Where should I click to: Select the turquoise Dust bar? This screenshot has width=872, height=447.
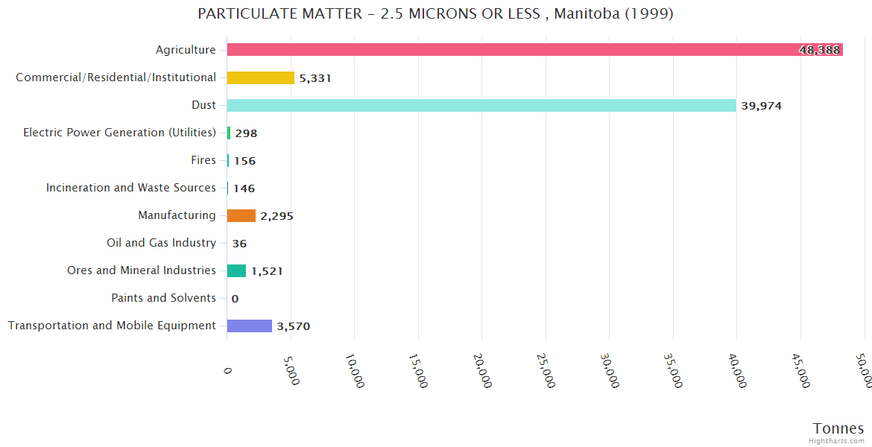coord(481,105)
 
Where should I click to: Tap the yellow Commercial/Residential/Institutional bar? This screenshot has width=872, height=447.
coord(260,77)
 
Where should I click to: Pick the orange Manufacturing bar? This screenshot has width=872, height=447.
coord(241,215)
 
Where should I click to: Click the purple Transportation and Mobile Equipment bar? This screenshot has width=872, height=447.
coord(250,326)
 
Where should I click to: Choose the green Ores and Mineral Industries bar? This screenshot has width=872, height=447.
coord(236,270)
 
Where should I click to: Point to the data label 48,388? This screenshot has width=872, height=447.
coord(819,50)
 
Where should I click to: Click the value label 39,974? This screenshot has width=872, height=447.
coord(761,106)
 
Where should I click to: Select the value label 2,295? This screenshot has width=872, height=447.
coord(277,216)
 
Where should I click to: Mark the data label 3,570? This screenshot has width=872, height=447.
coord(293,326)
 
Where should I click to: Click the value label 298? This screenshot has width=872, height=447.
coord(246,133)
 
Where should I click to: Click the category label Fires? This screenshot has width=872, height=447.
coord(203,160)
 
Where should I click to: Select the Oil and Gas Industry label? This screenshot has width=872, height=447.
coord(162,243)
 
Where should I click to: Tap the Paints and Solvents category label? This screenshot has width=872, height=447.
coord(164,298)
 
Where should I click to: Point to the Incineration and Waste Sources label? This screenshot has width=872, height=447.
coord(131,188)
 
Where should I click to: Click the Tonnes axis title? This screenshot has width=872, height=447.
coord(838,428)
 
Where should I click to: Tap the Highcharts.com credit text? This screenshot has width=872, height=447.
coord(836,441)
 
